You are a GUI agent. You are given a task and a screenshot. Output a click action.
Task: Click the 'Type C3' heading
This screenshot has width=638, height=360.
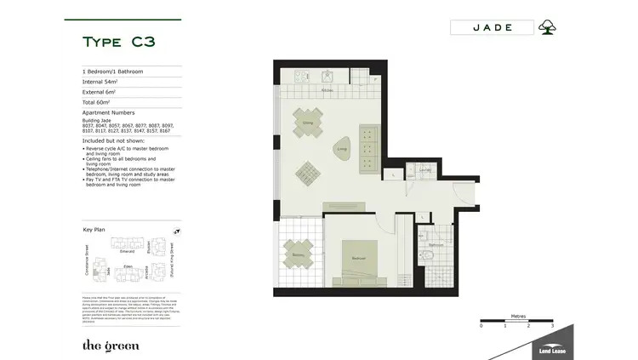118,42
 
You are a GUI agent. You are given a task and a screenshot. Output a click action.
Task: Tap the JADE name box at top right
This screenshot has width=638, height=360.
492,27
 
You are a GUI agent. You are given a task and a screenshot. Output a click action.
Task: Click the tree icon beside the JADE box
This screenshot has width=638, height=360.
548,27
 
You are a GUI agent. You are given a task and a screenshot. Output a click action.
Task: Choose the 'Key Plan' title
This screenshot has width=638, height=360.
94,230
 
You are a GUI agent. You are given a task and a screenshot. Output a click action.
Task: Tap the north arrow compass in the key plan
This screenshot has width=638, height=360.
176,231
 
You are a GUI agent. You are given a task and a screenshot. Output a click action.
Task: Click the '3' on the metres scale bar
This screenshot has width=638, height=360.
552,326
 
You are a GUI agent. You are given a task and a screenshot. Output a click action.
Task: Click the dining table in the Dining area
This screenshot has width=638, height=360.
308,121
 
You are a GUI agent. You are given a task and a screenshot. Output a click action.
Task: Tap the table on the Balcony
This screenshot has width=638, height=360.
299,253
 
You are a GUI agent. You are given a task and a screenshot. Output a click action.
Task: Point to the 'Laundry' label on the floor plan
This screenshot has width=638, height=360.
424,169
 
